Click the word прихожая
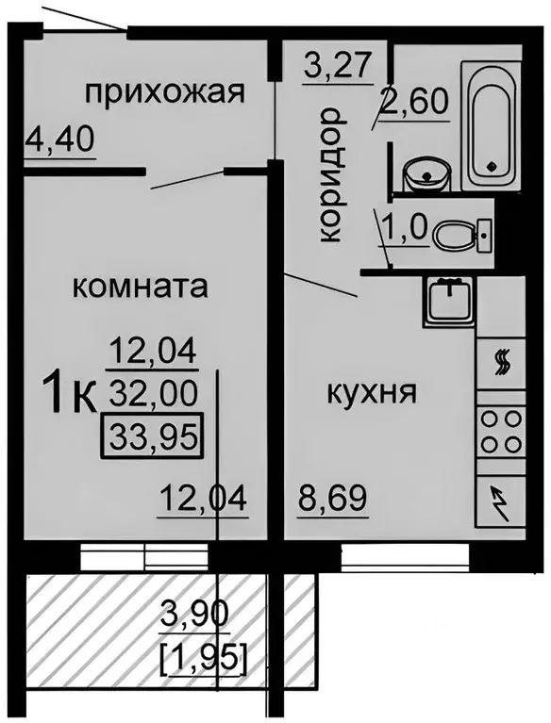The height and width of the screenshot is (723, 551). click(x=165, y=92)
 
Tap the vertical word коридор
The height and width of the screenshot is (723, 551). click(x=327, y=176)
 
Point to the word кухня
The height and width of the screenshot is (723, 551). click(x=371, y=391)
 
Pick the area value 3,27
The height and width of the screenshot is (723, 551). click(x=339, y=67)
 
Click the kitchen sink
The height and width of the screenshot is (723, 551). click(x=447, y=302)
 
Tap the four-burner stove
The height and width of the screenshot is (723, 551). click(x=501, y=430)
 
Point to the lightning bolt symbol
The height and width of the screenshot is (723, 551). click(x=501, y=499)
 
